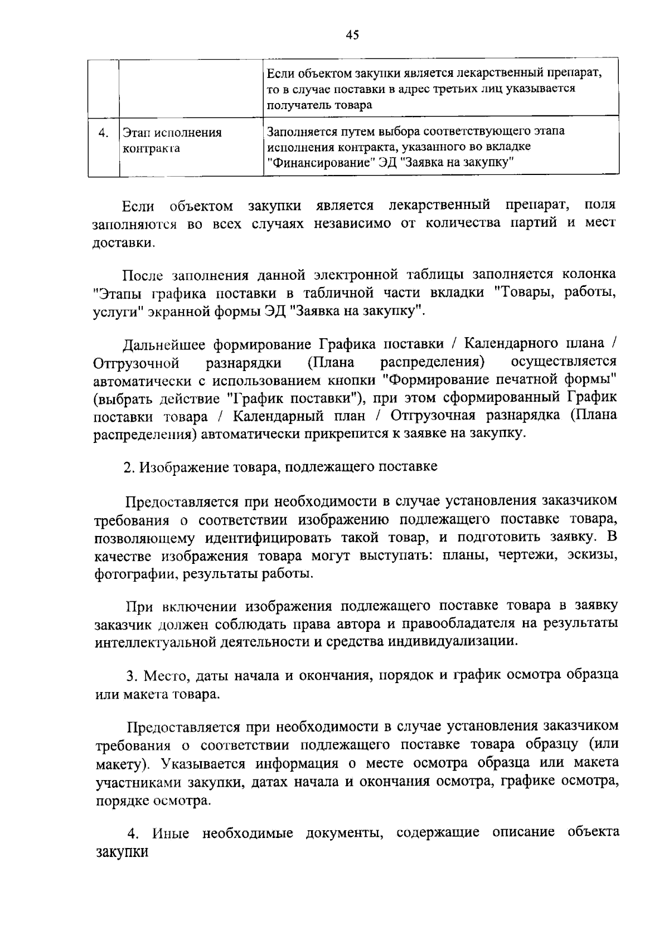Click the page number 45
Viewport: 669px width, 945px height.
pyautogui.click(x=352, y=35)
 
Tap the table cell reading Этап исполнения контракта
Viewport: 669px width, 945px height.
pyautogui.click(x=172, y=140)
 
